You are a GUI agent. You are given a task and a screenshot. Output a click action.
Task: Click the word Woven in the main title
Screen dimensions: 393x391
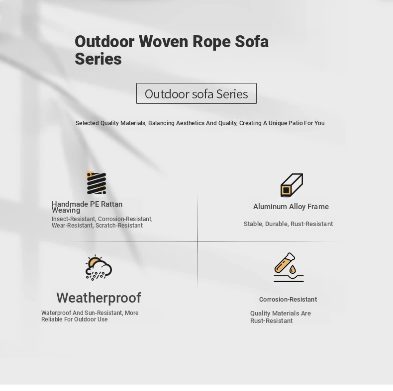(163, 41)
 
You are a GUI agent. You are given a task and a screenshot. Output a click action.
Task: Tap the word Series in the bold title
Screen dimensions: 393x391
(98, 59)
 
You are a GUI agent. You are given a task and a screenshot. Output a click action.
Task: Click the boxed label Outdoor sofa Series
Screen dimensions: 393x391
(196, 93)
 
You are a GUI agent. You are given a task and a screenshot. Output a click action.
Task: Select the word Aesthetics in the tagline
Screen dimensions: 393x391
(190, 123)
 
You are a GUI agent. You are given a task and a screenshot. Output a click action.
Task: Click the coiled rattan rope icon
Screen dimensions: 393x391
(96, 183)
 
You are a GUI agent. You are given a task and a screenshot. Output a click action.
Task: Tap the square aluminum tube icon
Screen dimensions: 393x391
(292, 185)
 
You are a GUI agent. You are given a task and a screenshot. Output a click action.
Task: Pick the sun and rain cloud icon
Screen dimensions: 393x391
(98, 268)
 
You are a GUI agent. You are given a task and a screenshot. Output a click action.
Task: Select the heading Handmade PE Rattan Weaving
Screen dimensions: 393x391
(87, 207)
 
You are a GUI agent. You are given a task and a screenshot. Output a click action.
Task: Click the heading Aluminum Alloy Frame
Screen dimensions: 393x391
(291, 207)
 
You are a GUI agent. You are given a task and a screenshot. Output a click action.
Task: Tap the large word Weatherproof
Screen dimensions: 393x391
(99, 298)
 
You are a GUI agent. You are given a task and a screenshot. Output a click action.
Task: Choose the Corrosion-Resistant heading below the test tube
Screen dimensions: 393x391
(288, 300)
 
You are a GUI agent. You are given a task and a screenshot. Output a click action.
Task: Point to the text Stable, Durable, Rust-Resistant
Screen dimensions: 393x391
(288, 224)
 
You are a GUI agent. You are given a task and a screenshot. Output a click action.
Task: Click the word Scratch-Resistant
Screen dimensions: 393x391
(119, 226)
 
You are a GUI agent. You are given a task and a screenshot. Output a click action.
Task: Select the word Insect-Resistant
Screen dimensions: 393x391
(74, 219)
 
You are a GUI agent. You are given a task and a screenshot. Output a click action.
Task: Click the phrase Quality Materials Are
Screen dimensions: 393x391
(281, 313)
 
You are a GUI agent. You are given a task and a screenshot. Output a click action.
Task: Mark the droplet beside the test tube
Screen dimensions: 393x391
(293, 269)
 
